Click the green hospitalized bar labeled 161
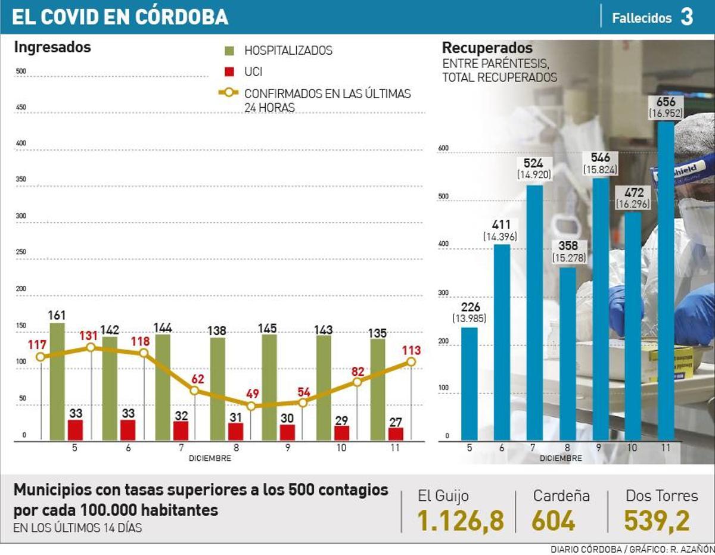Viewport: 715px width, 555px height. (57, 382)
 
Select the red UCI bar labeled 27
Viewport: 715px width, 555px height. (396, 434)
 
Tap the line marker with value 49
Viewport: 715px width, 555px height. (251, 406)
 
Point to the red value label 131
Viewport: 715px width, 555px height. (89, 336)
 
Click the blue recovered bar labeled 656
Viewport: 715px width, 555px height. (666, 280)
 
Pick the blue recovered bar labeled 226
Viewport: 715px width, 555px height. (470, 384)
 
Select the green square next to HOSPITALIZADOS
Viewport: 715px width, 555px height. (230, 51)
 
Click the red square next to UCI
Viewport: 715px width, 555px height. (230, 72)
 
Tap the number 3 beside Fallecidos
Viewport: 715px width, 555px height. (687, 17)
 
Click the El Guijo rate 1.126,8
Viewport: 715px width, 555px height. (461, 521)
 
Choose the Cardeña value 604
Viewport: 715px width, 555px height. (554, 521)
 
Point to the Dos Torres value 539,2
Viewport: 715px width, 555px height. (657, 521)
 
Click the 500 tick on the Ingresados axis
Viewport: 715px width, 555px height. (21, 71)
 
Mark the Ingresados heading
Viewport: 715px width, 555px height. (52, 47)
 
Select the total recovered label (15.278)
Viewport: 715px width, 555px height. (569, 258)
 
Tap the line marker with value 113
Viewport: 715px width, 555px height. (411, 361)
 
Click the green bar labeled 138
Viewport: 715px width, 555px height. (217, 389)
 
